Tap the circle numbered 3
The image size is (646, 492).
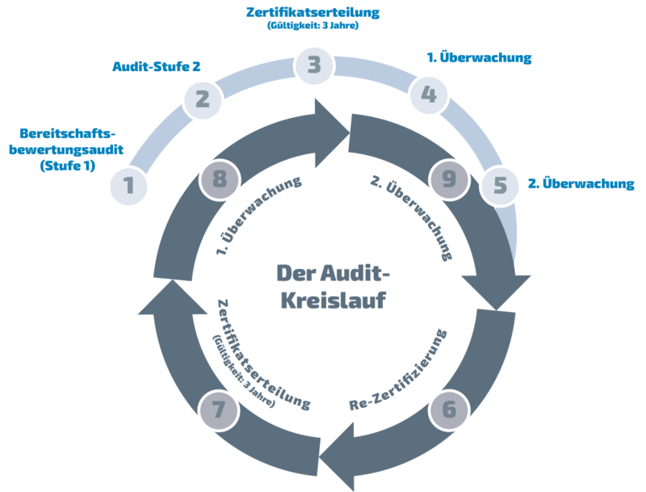[x=313, y=65]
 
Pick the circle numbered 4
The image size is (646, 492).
[x=429, y=95]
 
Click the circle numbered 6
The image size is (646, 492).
[x=449, y=410]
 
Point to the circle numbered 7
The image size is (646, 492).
[x=220, y=410]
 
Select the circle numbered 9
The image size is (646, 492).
[x=449, y=176]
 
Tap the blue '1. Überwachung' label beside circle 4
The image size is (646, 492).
[x=479, y=59]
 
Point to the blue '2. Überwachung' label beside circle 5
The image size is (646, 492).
[x=581, y=183]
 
